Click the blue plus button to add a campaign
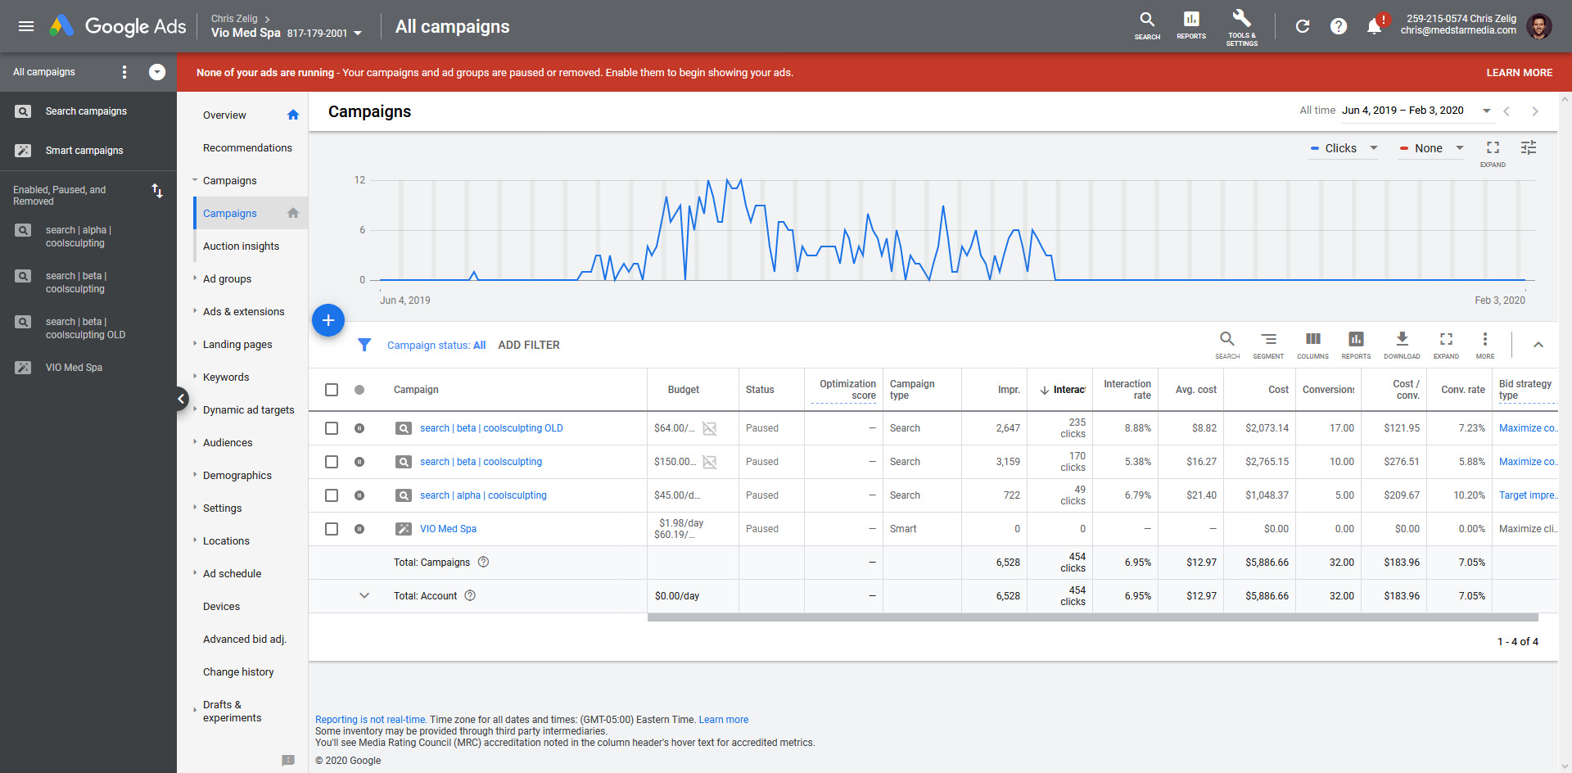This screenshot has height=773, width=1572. (328, 320)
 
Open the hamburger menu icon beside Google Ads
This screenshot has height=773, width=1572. (26, 26)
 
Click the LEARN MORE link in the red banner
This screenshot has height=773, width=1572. (1519, 73)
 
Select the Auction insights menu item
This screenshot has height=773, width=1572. (241, 246)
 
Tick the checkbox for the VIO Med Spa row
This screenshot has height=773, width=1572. (332, 529)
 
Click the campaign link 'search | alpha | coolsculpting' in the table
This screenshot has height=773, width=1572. (483, 495)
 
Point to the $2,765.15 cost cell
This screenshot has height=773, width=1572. (1267, 462)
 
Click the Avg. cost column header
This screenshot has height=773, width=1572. (1195, 390)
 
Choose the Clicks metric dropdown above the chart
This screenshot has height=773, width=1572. (1344, 148)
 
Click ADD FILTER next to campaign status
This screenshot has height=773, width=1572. (529, 346)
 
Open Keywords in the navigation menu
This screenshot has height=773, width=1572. (226, 377)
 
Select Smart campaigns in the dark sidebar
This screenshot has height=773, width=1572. (84, 151)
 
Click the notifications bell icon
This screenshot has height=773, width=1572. (1375, 27)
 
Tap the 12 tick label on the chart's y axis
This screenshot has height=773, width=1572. (359, 180)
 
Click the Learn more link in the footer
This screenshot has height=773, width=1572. (723, 720)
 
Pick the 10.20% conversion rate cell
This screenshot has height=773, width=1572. (1469, 495)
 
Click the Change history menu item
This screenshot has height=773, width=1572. (238, 672)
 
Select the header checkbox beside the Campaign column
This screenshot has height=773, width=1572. (332, 390)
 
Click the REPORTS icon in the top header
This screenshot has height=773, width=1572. (1191, 25)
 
